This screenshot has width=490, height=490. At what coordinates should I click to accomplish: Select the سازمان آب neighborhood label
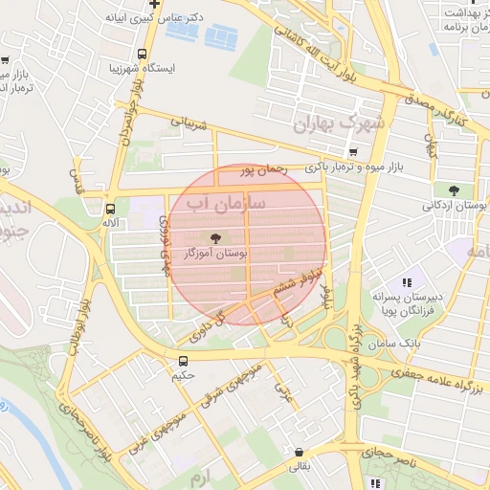(220, 204)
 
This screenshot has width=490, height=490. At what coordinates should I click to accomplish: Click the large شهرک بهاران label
(339, 123)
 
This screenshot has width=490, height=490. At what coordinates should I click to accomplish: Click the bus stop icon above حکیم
(183, 361)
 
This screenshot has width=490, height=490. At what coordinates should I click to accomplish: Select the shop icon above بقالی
(301, 453)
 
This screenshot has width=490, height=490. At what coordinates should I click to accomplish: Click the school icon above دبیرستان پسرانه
(407, 282)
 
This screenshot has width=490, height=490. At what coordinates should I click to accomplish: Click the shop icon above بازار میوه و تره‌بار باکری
(354, 151)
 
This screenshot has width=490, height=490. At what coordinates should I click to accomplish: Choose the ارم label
(198, 476)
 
